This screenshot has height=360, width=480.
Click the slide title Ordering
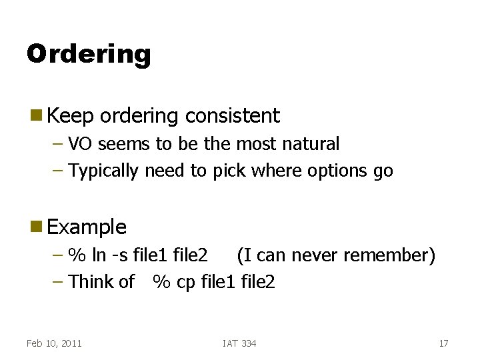(89, 54)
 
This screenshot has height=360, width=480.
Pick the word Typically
(104, 171)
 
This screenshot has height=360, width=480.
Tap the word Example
(87, 227)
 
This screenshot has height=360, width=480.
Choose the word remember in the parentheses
(391, 255)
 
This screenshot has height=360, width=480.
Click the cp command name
(185, 282)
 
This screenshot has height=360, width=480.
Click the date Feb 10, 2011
(54, 343)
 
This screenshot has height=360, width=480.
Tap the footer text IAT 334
(239, 343)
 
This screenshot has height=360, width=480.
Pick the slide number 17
(443, 343)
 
